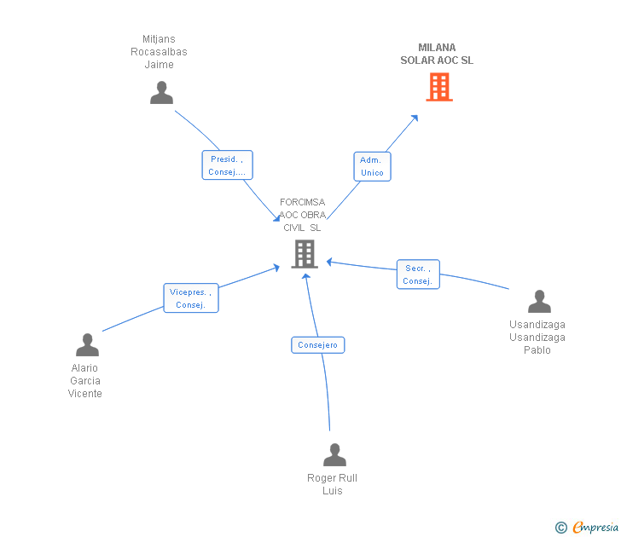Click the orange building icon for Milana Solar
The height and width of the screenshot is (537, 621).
439,87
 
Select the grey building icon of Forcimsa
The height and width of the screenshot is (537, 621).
305,254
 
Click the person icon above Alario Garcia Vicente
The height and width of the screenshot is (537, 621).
87,344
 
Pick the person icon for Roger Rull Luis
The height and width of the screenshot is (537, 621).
334,454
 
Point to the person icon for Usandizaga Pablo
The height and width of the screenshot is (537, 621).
539,302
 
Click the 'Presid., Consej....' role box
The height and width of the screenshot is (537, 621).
227,165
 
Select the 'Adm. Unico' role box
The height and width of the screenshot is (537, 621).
372,166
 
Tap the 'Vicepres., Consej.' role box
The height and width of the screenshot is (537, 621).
190,298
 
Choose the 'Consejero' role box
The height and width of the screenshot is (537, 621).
317,345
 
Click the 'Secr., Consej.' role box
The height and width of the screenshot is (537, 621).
418,274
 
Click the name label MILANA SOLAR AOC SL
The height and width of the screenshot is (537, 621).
437,55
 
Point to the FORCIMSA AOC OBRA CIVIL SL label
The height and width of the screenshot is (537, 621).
302,215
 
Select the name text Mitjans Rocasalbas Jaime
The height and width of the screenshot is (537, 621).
159,52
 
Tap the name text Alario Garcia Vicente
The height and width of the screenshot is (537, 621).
85,381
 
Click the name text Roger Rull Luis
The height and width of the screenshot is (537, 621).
332,484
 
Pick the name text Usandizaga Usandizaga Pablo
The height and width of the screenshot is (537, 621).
537,337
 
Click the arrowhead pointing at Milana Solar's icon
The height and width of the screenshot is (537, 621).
415,117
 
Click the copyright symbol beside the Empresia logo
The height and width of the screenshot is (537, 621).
561,528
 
